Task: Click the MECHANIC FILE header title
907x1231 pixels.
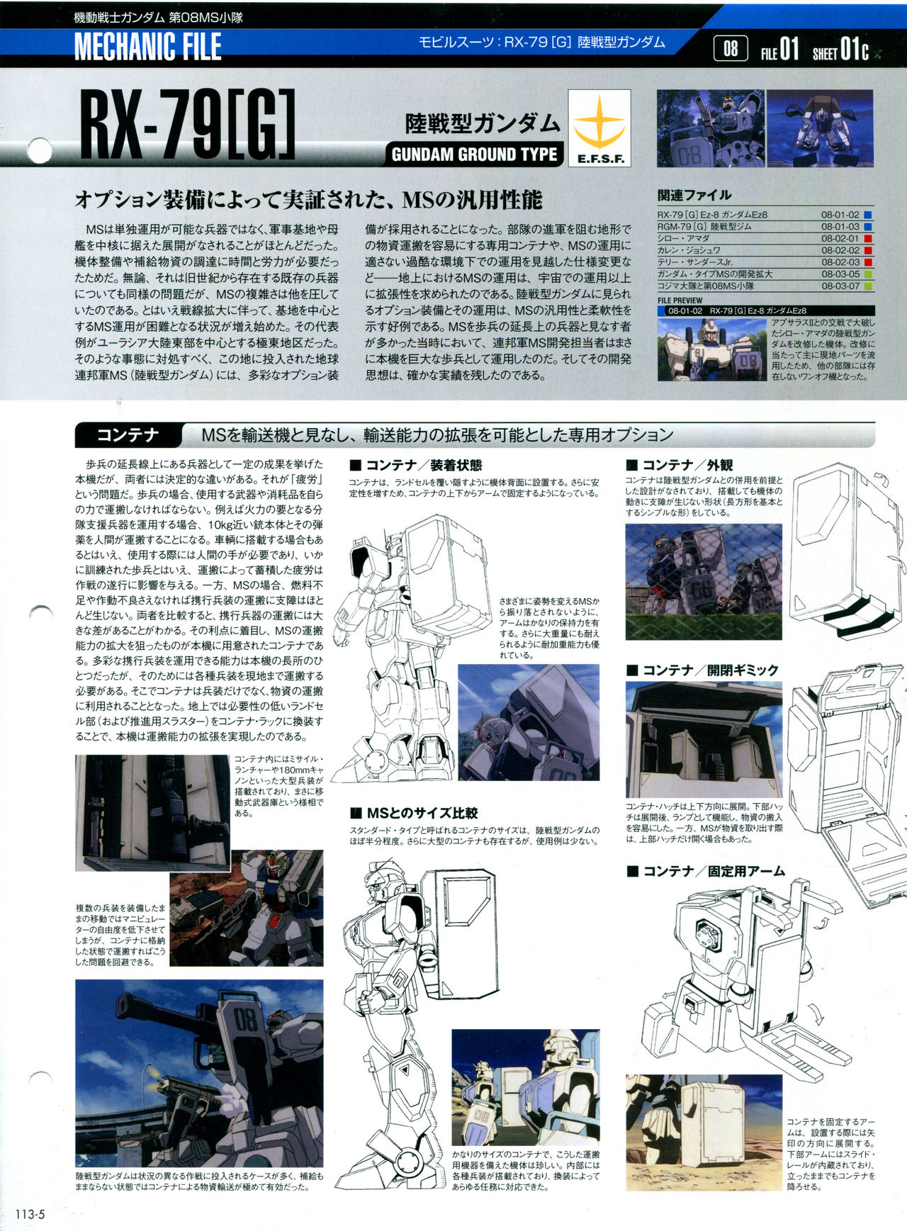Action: pyautogui.click(x=147, y=47)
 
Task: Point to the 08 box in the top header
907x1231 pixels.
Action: pyautogui.click(x=731, y=49)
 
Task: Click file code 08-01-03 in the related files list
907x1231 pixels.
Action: pyautogui.click(x=840, y=227)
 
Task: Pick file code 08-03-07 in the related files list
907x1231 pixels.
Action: pyautogui.click(x=840, y=286)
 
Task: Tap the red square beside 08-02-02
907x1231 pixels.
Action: pyautogui.click(x=868, y=250)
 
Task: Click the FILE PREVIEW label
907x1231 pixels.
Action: pyautogui.click(x=680, y=300)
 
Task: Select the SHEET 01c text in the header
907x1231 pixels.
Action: pyautogui.click(x=840, y=50)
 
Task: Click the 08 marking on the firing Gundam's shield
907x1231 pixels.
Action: pyautogui.click(x=246, y=1021)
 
